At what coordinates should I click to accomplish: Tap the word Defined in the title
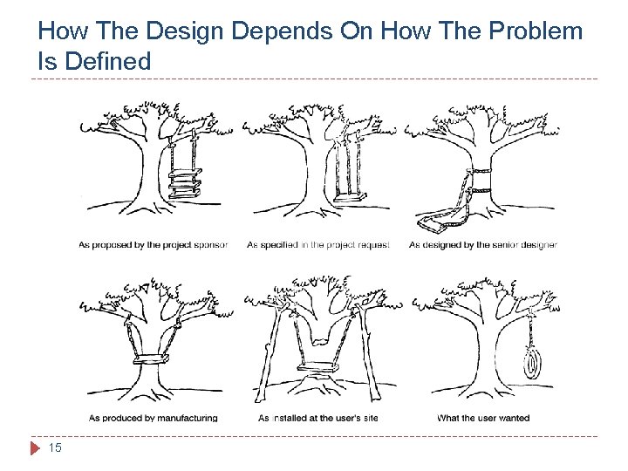tap(106, 61)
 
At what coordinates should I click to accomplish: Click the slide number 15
tap(55, 448)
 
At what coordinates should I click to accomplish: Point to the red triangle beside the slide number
tap(35, 448)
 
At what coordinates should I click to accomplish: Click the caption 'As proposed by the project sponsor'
tap(153, 245)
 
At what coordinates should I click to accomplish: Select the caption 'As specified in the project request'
tap(318, 245)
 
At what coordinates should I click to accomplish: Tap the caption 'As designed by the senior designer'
tap(482, 245)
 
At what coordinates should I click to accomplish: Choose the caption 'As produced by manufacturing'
tap(153, 418)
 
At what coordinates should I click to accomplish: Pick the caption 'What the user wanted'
tap(483, 418)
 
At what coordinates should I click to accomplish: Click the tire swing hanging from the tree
tap(529, 362)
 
